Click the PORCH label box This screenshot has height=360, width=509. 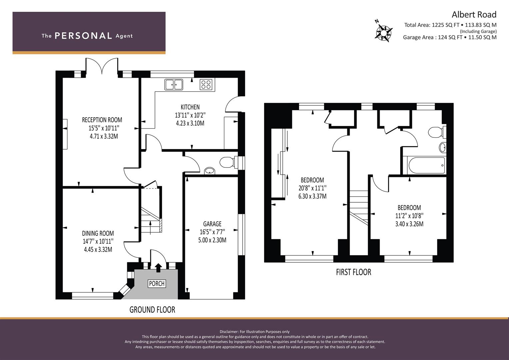pos(157,284)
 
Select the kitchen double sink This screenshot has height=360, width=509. pos(174,85)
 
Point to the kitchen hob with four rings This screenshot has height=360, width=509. pos(206,85)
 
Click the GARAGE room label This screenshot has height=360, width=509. pos(212,224)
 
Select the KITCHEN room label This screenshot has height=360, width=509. pos(190,107)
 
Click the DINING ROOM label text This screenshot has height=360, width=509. pos(98,233)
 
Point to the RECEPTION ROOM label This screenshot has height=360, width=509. pos(102,120)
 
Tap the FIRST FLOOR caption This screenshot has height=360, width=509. pos(354,272)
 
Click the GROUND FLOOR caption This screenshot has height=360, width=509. pos(152,310)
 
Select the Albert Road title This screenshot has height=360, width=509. pos(474,15)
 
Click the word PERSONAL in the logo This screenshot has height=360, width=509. pos(83,36)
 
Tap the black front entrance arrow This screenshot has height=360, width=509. pos(158,267)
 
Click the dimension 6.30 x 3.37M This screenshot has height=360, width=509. pos(312,196)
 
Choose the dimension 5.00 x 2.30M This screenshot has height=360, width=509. pos(212,240)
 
